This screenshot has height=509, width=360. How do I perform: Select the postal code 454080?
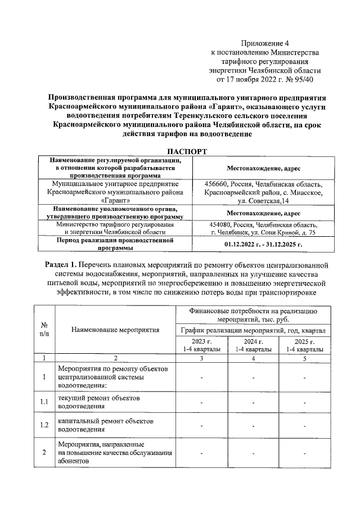click(x=220, y=224)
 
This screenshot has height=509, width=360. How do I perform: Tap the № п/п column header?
click(x=44, y=330)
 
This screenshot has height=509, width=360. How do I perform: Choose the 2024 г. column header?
click(x=253, y=345)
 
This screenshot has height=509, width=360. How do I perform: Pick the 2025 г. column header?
click(x=304, y=345)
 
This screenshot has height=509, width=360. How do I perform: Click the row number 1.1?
click(x=44, y=402)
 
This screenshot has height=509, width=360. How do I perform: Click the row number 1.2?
click(x=44, y=425)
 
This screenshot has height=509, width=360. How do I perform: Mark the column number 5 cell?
click(x=304, y=358)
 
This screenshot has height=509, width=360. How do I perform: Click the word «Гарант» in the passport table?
click(x=116, y=200)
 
